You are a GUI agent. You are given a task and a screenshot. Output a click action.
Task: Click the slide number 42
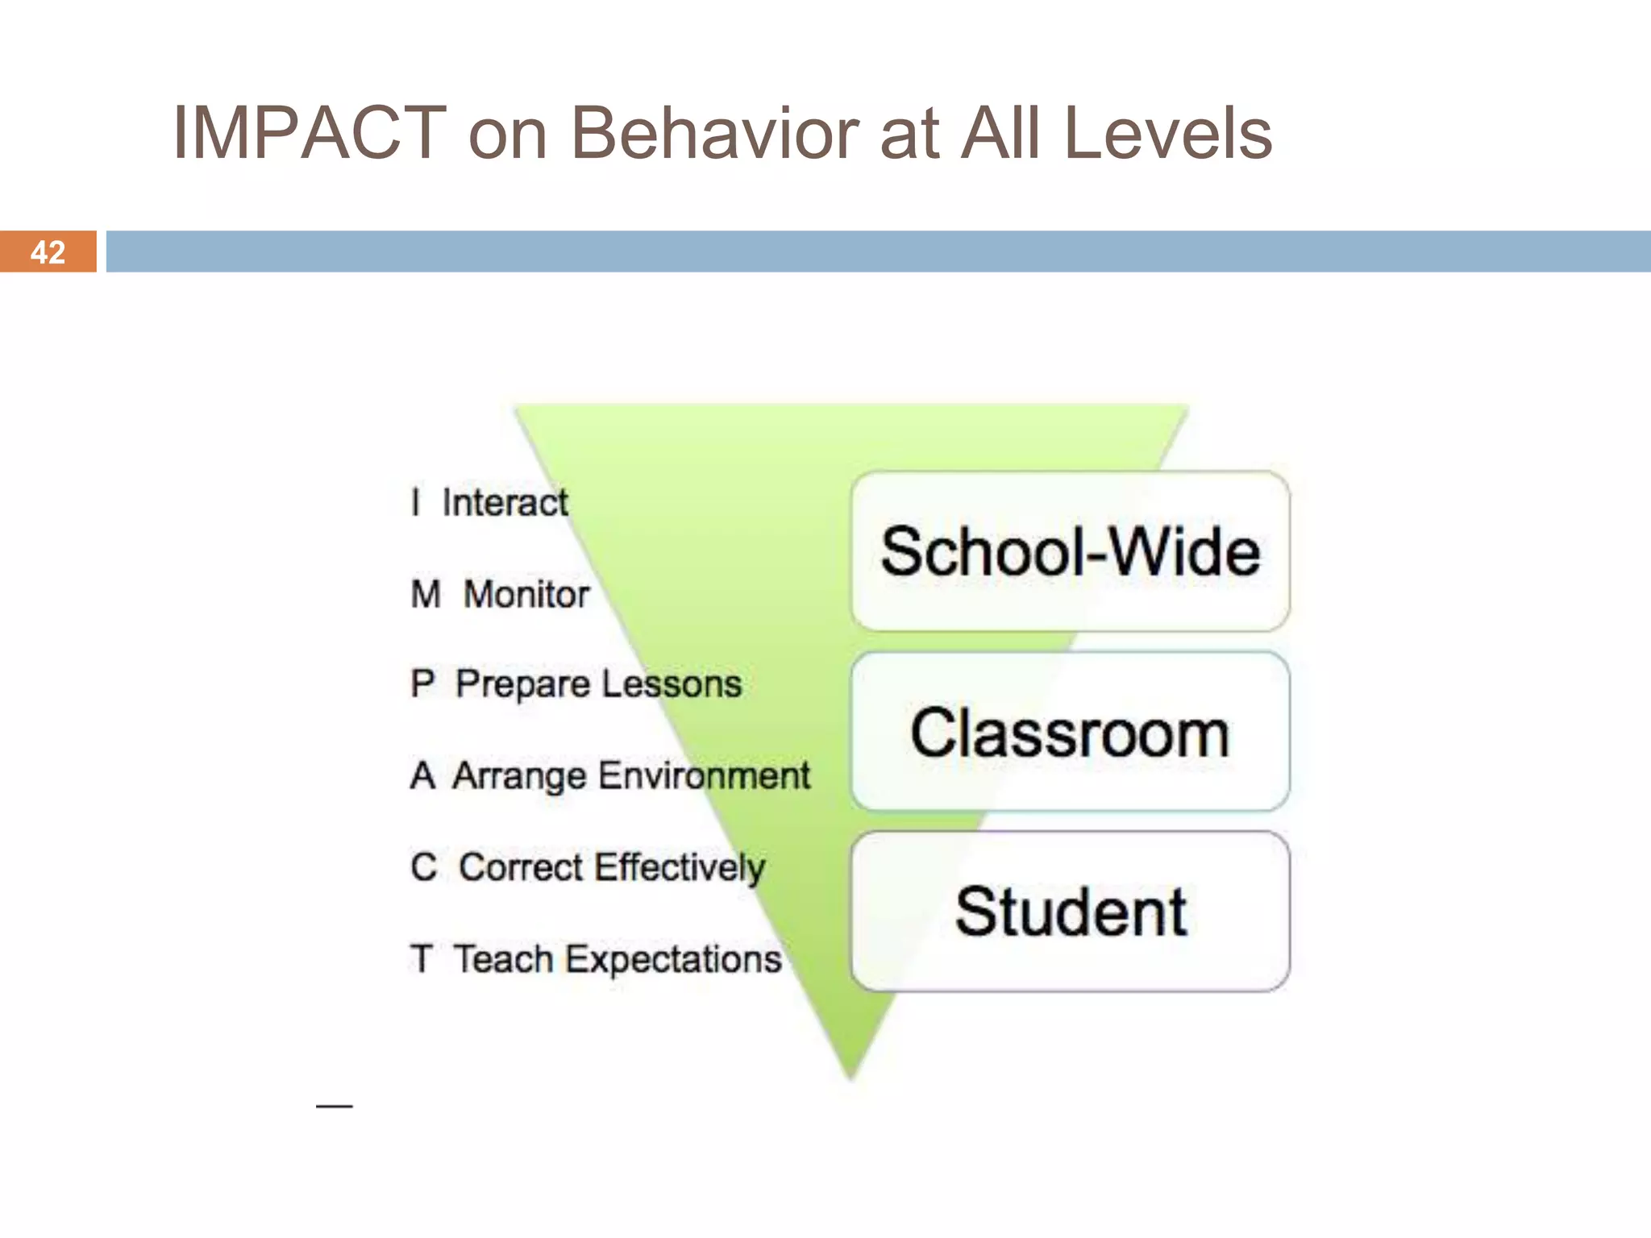(48, 252)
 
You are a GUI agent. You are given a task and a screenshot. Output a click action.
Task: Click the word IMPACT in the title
(310, 133)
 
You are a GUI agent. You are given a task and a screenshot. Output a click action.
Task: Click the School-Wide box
(1070, 551)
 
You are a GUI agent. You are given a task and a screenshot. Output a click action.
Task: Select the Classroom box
(1070, 732)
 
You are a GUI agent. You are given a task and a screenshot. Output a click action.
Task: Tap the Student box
(1070, 912)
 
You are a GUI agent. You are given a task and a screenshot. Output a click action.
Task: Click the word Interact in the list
(505, 503)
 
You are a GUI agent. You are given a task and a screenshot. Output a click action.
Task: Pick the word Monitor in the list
(526, 595)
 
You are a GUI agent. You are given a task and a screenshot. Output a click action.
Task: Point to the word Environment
(705, 775)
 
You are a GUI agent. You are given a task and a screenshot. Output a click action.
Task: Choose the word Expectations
(673, 959)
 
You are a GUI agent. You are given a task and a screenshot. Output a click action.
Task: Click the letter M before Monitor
(426, 595)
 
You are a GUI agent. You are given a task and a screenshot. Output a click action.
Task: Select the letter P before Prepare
(422, 684)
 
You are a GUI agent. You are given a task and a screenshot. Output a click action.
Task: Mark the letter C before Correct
(424, 868)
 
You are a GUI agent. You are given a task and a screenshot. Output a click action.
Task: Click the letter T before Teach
(421, 959)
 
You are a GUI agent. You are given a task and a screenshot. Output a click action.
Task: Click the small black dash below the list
(334, 1106)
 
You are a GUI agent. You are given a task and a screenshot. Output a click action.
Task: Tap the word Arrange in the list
(519, 775)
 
